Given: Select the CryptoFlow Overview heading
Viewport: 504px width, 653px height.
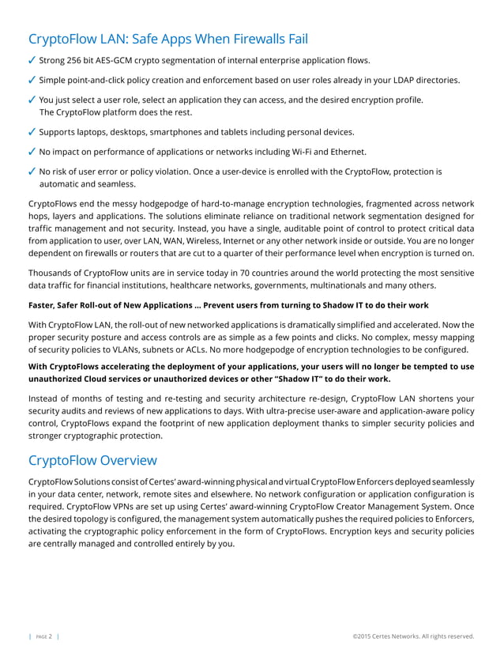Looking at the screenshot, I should tap(92, 460).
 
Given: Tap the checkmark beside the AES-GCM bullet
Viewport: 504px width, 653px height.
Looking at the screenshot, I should tap(32, 60).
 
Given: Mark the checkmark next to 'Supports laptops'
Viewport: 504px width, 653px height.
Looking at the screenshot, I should tap(32, 132).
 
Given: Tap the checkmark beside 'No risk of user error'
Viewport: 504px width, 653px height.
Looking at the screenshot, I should tap(32, 172).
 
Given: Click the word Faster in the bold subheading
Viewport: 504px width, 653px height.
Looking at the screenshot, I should tap(43, 306).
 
